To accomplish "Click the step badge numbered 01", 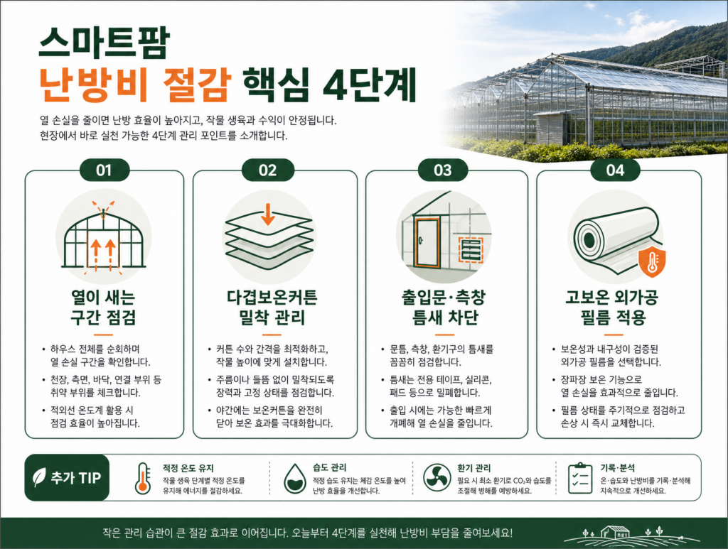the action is (x=105, y=170).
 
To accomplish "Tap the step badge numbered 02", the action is (x=268, y=170).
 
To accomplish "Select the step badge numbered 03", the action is (x=442, y=170).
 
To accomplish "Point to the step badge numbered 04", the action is (x=615, y=170).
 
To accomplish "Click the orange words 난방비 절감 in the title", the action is (x=134, y=85).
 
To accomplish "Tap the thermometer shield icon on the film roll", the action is (x=653, y=262).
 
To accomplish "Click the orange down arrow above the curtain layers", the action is (x=267, y=214).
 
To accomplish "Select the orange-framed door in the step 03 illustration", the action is (x=427, y=243).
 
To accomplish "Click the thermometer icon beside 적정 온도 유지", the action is (x=143, y=478).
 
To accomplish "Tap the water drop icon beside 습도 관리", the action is (x=295, y=478).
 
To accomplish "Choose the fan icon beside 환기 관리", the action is (x=437, y=477).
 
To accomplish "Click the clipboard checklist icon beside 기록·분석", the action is (x=580, y=478).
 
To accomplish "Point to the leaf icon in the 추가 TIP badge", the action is (x=39, y=477).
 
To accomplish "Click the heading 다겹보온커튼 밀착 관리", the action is (x=272, y=308).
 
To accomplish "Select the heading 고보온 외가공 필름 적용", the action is (x=613, y=308).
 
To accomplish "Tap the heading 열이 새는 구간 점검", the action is (x=103, y=308).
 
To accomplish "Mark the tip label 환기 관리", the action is (x=473, y=468).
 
